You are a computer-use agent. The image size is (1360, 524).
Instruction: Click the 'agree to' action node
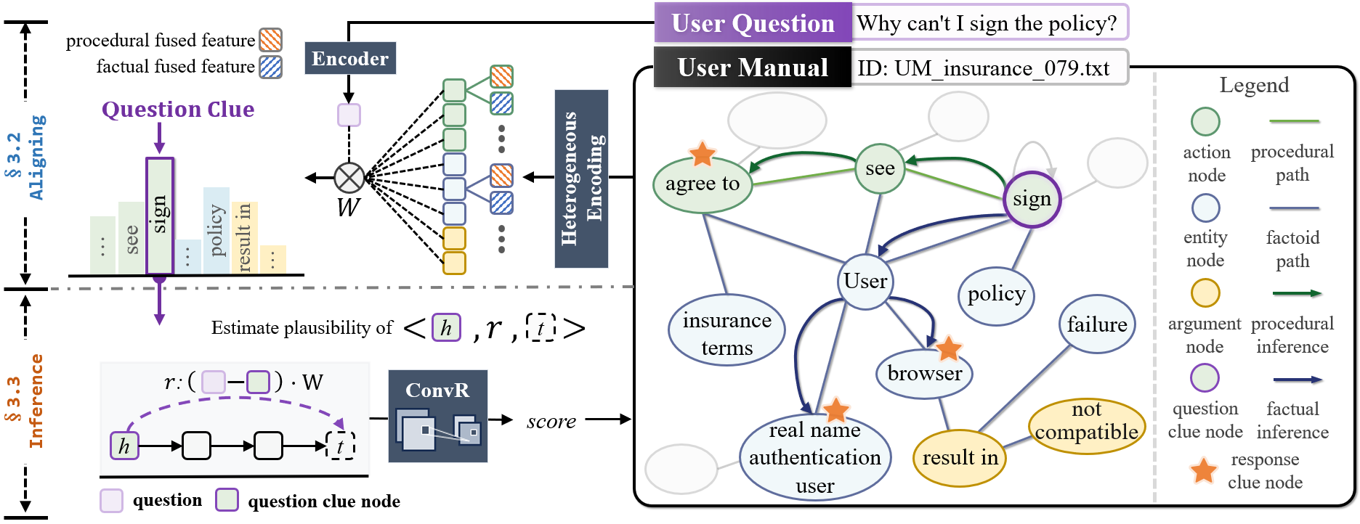pos(702,184)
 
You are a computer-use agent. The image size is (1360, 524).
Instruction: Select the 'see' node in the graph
pos(880,168)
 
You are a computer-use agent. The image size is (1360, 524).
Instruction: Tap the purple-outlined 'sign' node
pos(1032,199)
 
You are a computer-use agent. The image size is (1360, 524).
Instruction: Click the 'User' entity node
pos(865,281)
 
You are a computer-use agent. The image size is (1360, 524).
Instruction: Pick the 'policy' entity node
pos(996,294)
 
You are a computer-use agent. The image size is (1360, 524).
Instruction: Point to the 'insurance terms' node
pos(726,333)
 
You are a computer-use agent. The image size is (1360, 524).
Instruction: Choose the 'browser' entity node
pos(924,374)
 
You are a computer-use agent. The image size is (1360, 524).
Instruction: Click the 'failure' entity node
pos(1096,324)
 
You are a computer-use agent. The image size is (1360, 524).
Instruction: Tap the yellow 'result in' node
pos(960,458)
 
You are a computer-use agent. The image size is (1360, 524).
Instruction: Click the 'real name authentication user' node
pos(814,458)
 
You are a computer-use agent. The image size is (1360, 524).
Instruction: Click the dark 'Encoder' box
pos(350,59)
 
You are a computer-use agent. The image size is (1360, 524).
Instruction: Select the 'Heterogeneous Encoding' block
pos(581,179)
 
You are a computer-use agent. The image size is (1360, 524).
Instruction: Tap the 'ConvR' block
pos(437,416)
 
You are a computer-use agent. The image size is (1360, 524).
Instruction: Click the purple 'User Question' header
pos(753,23)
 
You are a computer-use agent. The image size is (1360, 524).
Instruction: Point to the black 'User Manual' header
pos(753,67)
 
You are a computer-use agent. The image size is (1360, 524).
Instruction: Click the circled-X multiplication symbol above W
pos(349,178)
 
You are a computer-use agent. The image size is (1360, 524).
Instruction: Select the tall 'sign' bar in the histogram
pos(160,216)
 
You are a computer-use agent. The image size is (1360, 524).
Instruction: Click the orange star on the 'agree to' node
pos(703,154)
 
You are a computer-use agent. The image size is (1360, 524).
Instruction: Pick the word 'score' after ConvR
pos(551,421)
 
